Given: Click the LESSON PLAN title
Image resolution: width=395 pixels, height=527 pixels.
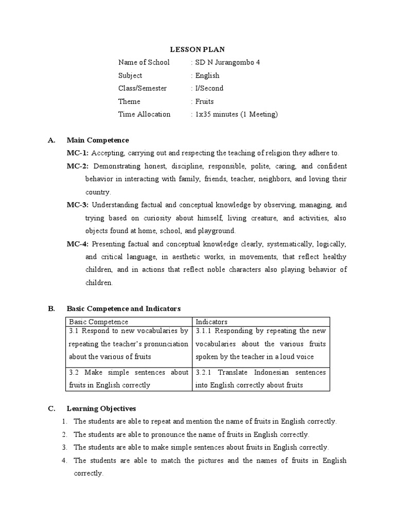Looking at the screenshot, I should (x=197, y=50).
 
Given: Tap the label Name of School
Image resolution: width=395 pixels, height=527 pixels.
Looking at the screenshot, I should (x=143, y=63).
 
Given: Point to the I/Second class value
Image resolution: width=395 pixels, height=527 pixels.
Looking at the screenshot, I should (x=208, y=89).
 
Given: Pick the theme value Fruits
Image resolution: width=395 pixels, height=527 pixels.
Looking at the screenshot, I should (x=204, y=101).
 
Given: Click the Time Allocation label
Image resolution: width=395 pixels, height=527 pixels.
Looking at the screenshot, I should (x=144, y=114).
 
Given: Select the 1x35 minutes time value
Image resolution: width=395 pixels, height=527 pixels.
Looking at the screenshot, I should (x=235, y=114).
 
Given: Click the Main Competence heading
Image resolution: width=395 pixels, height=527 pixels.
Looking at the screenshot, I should (x=98, y=140).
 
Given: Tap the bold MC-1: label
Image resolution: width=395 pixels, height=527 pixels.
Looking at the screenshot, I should (x=78, y=153).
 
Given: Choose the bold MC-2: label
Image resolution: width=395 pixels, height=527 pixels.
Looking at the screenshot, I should (x=78, y=166).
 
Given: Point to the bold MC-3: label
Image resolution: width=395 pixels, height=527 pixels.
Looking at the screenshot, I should (x=78, y=205).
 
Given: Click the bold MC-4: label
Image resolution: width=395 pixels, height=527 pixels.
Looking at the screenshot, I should (x=78, y=244).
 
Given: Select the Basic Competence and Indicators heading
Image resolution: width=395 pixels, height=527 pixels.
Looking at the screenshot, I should (x=123, y=309).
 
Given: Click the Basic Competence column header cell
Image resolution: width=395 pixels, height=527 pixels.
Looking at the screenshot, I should (x=129, y=322).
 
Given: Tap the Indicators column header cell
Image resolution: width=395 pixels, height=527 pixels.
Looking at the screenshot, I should (x=261, y=322).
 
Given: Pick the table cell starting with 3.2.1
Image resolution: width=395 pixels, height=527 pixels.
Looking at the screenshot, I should (x=261, y=378).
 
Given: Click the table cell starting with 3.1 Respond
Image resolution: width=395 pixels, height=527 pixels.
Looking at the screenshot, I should (x=129, y=344).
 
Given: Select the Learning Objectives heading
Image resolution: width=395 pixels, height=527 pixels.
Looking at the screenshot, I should (x=101, y=409).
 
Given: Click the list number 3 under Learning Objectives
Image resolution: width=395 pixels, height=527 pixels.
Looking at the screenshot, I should (x=65, y=448).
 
